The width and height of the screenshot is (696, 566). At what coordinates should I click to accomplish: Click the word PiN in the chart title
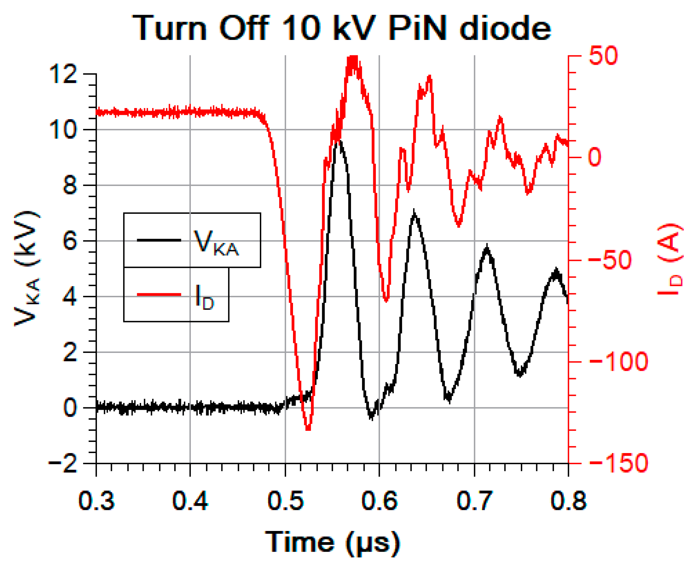click(x=417, y=28)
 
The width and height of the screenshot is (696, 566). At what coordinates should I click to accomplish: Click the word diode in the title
click(x=505, y=28)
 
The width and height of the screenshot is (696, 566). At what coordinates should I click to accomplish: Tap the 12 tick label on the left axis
click(x=63, y=74)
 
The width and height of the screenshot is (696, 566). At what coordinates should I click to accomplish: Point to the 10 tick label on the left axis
click(x=63, y=130)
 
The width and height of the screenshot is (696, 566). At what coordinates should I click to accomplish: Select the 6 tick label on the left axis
click(x=70, y=241)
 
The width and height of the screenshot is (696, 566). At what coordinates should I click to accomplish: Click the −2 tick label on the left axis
click(x=63, y=464)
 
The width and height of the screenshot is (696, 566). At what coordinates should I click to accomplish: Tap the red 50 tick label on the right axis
click(x=603, y=56)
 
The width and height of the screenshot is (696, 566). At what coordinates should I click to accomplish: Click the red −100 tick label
click(x=618, y=362)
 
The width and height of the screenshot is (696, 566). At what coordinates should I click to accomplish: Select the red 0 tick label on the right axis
click(x=595, y=157)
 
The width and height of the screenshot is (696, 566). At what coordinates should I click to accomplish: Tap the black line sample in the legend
click(x=159, y=240)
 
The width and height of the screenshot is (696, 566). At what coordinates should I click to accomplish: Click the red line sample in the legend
click(x=159, y=295)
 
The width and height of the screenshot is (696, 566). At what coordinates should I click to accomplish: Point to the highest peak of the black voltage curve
click(x=340, y=141)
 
